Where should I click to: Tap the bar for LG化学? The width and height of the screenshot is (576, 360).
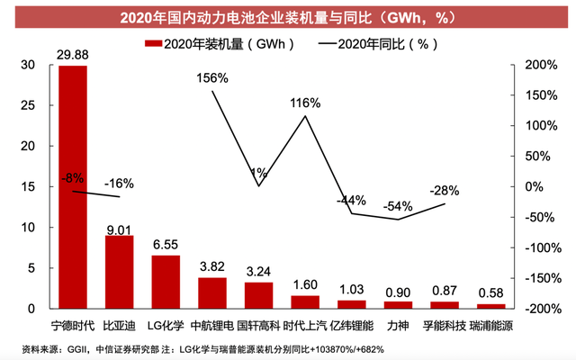[166, 282]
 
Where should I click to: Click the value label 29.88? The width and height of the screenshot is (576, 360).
[73, 55]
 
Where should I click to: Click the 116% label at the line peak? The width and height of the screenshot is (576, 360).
[307, 103]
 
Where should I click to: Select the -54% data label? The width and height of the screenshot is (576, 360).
[398, 206]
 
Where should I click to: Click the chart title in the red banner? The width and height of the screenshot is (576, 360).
[287, 16]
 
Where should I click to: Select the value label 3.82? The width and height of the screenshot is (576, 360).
[212, 266]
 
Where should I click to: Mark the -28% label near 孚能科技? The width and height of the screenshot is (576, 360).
[444, 190]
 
